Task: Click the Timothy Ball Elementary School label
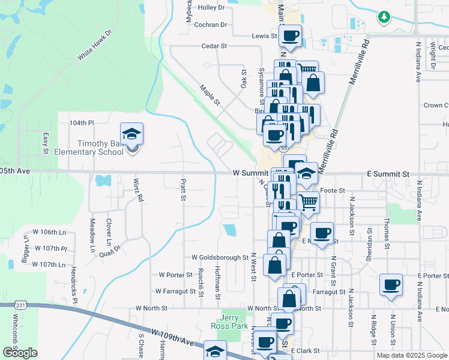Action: tap(100, 148)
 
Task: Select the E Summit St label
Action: tap(388, 174)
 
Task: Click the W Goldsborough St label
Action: tap(220, 257)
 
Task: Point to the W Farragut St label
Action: tap(175, 292)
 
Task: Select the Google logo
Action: tap(20, 353)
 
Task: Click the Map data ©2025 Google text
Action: tap(412, 355)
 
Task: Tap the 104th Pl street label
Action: tap(82, 122)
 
